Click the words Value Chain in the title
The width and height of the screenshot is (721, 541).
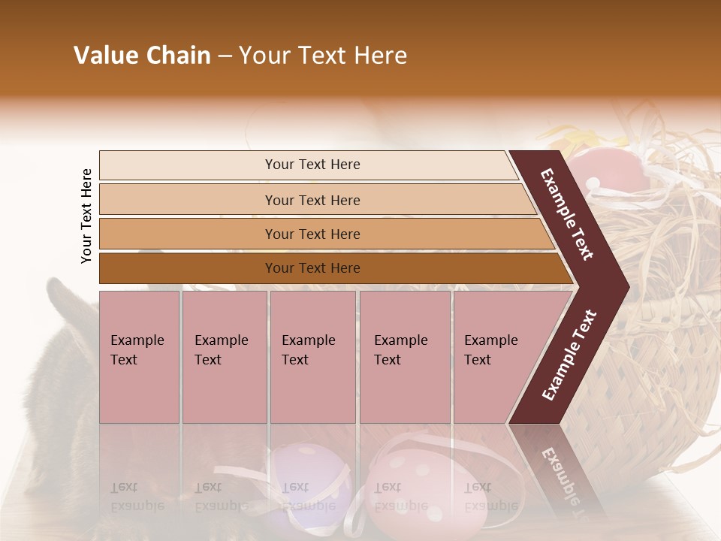coord(142,56)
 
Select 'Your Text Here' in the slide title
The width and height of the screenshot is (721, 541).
coord(323,56)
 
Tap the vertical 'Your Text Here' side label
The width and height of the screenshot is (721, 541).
coord(86,216)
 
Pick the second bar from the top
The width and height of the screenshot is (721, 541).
coord(312,200)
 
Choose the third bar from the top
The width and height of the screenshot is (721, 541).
coord(312,234)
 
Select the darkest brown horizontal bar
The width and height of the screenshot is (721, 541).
coord(312,268)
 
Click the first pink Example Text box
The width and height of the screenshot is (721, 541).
coord(139,356)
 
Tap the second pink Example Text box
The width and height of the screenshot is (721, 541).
coord(224,356)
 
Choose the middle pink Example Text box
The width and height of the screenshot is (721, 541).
coord(312,356)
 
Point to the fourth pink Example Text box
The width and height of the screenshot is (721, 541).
coord(404,356)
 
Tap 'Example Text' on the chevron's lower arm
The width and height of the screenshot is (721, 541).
coord(569,355)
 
